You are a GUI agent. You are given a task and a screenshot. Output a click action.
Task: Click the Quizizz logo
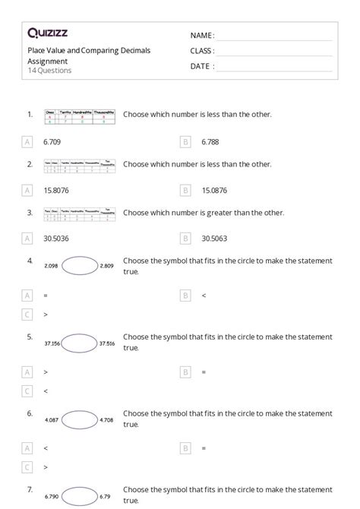[48, 33]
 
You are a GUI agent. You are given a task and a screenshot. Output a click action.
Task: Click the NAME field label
[202, 36]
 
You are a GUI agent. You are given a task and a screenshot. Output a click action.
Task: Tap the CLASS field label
[202, 51]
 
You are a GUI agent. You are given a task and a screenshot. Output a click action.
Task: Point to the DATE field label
[201, 66]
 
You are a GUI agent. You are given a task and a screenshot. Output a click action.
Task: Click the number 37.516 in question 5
[106, 343]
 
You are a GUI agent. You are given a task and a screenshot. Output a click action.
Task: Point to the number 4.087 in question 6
[52, 419]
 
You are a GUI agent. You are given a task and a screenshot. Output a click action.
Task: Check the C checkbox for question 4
[28, 314]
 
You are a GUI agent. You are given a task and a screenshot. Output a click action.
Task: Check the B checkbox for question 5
[186, 372]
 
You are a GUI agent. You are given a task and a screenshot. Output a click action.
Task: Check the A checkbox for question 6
[28, 448]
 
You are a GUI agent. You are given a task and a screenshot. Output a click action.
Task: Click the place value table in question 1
[80, 115]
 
